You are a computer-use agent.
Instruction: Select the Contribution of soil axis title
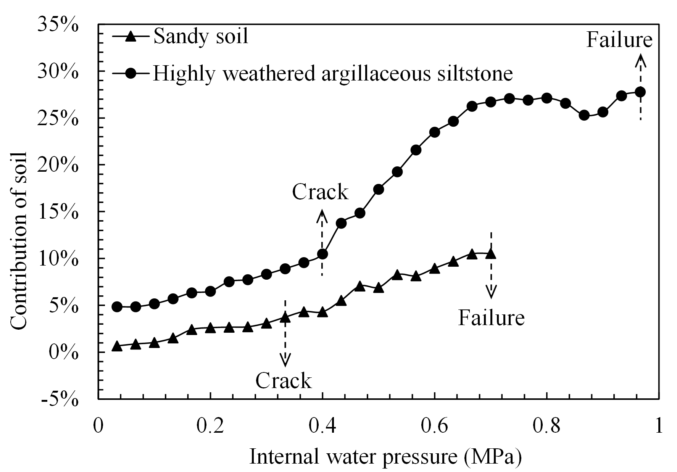18,240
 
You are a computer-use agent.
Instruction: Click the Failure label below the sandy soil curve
491,317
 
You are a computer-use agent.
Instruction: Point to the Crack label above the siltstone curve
320,192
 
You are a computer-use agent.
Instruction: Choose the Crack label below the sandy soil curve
284,381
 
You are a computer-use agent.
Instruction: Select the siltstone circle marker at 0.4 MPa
322,254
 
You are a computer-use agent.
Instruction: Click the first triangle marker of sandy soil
117,346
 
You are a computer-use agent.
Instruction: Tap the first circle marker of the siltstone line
117,306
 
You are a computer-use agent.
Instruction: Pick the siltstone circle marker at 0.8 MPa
546,98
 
